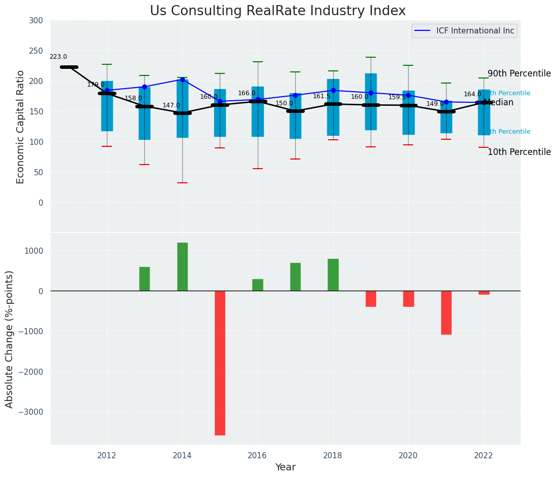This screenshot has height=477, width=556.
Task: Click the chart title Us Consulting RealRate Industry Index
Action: [x=277, y=11]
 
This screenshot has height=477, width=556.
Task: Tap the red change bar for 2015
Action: [x=220, y=363]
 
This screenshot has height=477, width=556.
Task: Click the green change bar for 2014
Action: [x=182, y=266]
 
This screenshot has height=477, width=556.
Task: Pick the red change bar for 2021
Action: [x=446, y=312]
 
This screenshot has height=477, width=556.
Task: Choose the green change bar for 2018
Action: [x=333, y=274]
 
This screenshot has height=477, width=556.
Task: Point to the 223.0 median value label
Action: [x=58, y=57]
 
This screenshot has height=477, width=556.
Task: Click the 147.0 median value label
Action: [x=171, y=106]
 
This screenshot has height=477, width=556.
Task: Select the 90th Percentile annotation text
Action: [x=519, y=74]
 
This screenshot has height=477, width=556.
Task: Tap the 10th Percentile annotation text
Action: [x=519, y=152]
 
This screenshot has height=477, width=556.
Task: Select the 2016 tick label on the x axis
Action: [x=258, y=455]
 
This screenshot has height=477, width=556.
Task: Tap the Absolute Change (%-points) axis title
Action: [x=10, y=339]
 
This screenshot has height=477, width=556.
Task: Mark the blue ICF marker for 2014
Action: [x=182, y=79]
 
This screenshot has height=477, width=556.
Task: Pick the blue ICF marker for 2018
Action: [x=333, y=91]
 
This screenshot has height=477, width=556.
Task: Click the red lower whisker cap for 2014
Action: [x=182, y=183]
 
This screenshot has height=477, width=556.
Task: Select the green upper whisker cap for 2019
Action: [x=371, y=57]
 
